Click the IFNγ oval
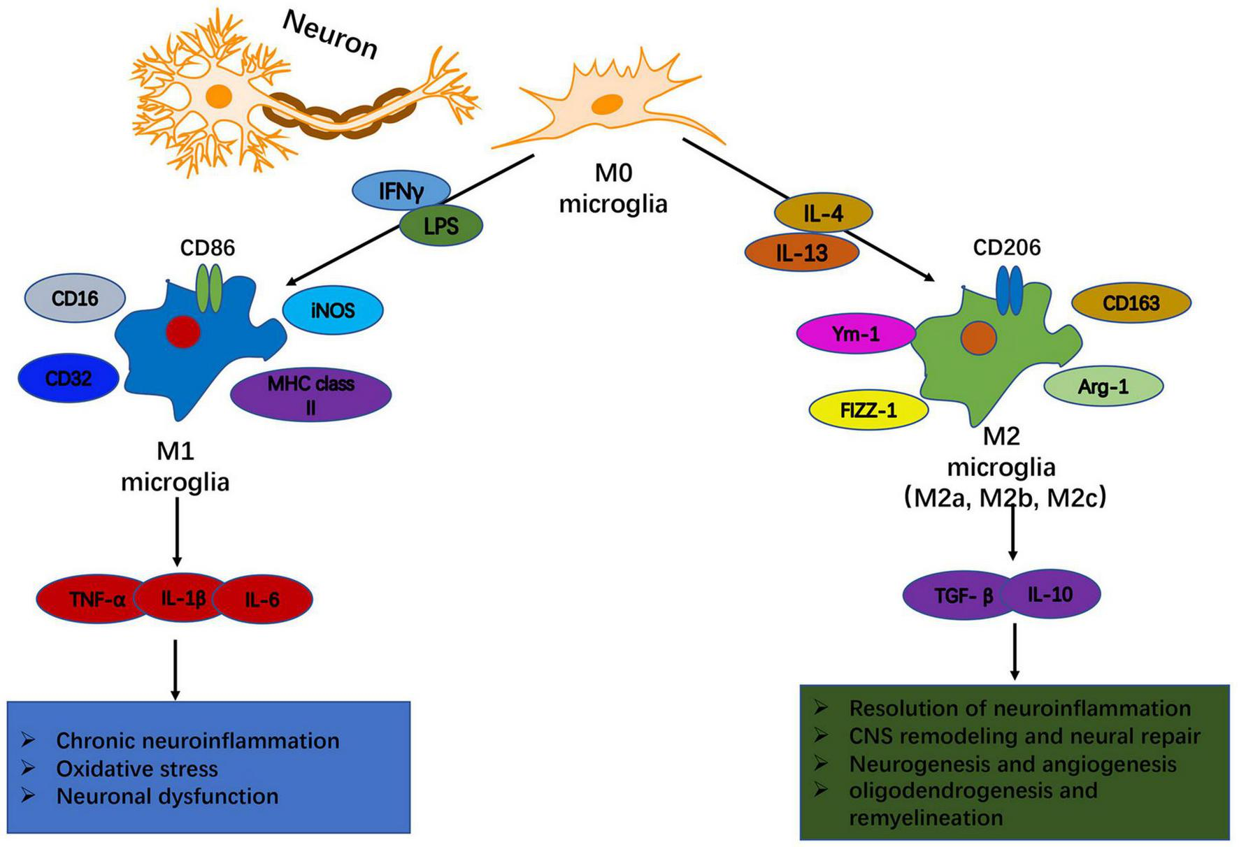click(401, 191)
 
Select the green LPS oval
click(441, 226)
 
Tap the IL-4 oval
click(824, 214)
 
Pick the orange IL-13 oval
click(801, 253)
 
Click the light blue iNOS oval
click(333, 310)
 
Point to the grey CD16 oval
click(75, 299)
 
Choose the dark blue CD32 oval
click(69, 378)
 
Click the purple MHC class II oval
click(310, 394)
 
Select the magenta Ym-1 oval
click(856, 334)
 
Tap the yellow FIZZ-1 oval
click(868, 410)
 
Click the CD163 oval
click(1131, 303)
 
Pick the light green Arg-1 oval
click(1103, 386)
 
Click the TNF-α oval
click(97, 599)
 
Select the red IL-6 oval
click(262, 599)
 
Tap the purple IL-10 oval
click(1050, 595)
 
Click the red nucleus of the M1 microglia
click(183, 331)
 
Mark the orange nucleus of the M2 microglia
click(978, 338)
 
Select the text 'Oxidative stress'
click(137, 769)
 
